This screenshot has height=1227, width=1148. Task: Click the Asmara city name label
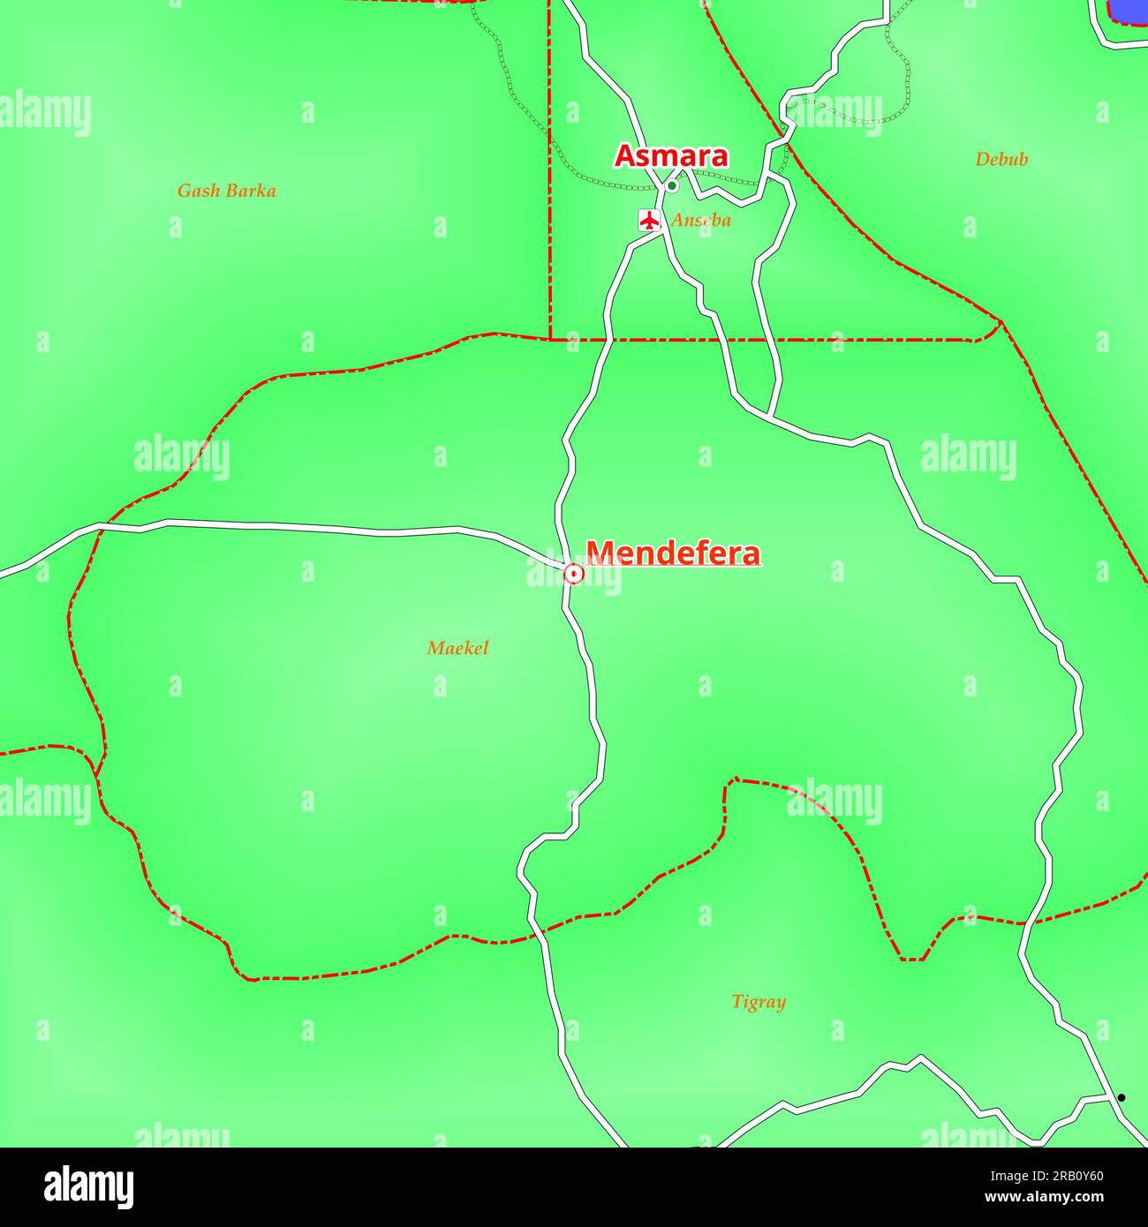pos(671,156)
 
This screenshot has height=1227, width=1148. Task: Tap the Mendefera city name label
pos(673,553)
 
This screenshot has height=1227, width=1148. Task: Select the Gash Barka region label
pos(226,191)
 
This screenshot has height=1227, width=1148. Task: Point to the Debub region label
pos(1001,160)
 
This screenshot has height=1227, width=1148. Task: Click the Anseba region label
pos(700,221)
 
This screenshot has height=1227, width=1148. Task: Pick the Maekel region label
pos(457,648)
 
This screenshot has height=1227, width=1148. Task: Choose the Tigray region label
pos(759,1002)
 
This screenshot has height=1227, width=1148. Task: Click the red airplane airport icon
pos(650,220)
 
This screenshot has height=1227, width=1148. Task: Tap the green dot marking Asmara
pos(671,186)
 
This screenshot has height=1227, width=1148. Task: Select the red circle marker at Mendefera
pos(574,575)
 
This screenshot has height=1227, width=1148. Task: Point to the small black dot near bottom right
pos(1122,1098)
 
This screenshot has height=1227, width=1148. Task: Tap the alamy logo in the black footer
pos(89,1187)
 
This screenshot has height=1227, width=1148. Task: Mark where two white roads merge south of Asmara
pos(770,416)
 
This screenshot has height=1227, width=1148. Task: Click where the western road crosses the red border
pos(95,526)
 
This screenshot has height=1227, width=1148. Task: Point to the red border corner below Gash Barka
pos(550,339)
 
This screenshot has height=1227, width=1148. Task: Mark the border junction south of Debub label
pos(1001,323)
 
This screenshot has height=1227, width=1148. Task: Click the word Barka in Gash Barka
pos(251,191)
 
